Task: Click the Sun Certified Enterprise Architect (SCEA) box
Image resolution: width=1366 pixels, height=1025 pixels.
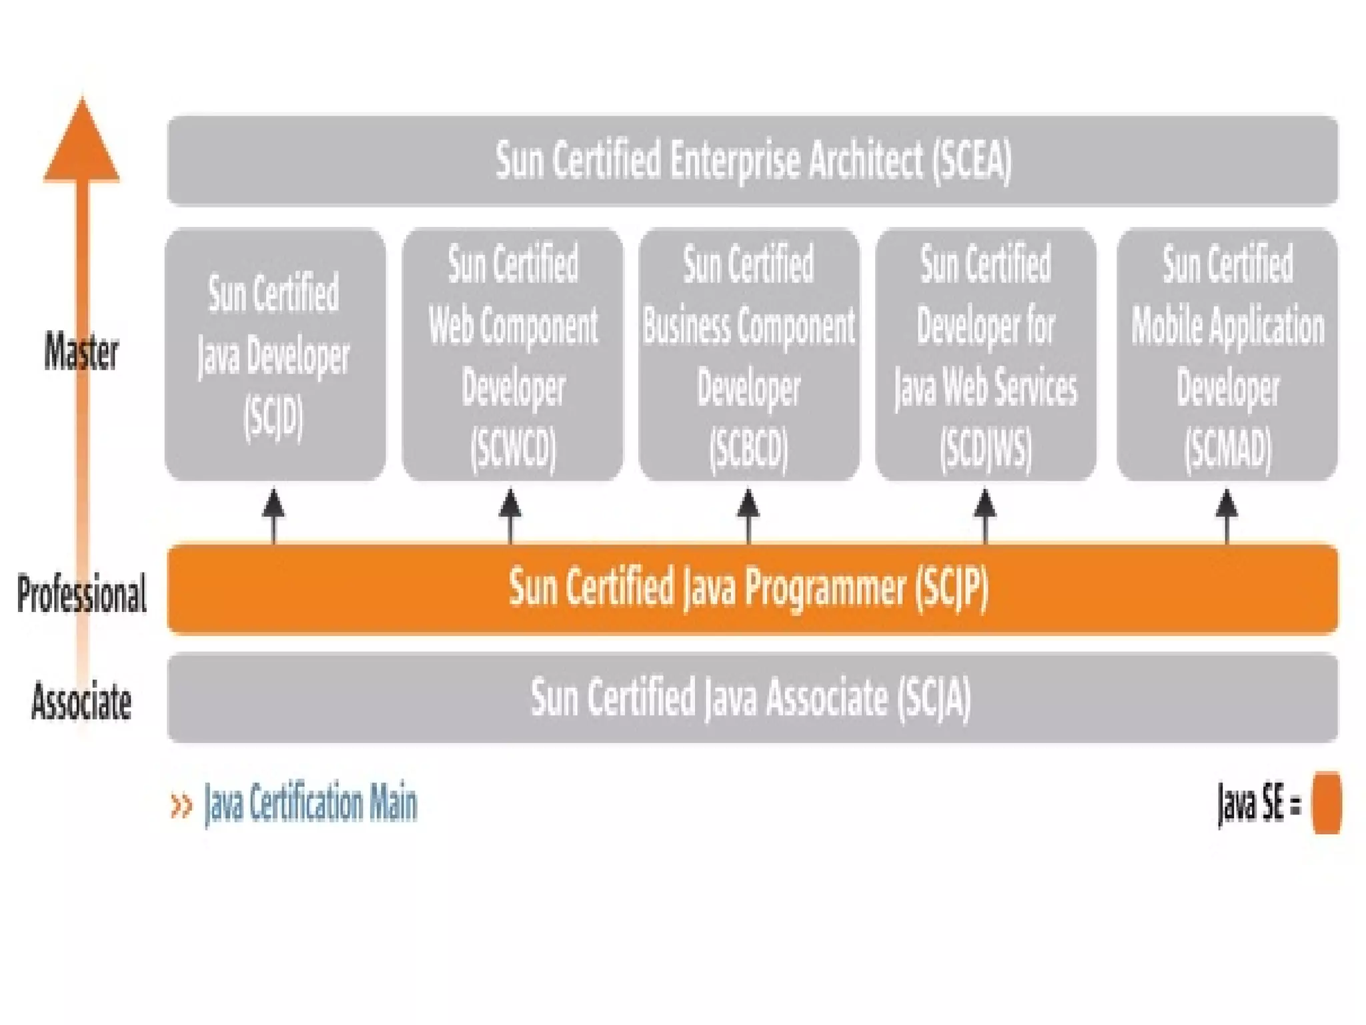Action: click(752, 160)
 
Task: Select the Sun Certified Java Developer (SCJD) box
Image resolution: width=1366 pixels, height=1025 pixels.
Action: click(275, 354)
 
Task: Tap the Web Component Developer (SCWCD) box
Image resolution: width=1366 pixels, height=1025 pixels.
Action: click(512, 354)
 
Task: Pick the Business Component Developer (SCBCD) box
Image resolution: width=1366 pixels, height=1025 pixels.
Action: click(749, 354)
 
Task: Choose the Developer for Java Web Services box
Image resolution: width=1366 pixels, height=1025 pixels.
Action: click(985, 354)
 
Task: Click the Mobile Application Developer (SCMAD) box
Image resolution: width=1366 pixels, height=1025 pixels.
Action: click(1227, 354)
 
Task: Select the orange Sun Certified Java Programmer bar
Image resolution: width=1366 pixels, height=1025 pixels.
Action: click(752, 588)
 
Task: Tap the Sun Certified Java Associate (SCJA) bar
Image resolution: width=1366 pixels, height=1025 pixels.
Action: click(752, 697)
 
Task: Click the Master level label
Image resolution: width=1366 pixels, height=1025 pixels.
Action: click(81, 352)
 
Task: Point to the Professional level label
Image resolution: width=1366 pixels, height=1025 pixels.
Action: click(81, 593)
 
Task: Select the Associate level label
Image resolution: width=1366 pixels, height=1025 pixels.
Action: click(81, 701)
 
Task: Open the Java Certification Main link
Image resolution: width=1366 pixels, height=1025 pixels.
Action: click(310, 803)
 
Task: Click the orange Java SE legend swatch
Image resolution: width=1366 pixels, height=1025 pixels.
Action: click(1326, 803)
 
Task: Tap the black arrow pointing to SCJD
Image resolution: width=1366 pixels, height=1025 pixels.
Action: click(273, 514)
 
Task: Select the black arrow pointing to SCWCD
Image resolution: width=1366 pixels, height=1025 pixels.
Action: click(510, 514)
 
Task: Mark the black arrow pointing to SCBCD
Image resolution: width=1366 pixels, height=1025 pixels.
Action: click(748, 514)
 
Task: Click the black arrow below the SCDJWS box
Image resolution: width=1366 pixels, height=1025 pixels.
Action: click(985, 514)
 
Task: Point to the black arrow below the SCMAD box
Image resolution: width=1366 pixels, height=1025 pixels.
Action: click(1227, 514)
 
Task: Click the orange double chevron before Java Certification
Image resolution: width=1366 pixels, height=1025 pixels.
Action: click(181, 805)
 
